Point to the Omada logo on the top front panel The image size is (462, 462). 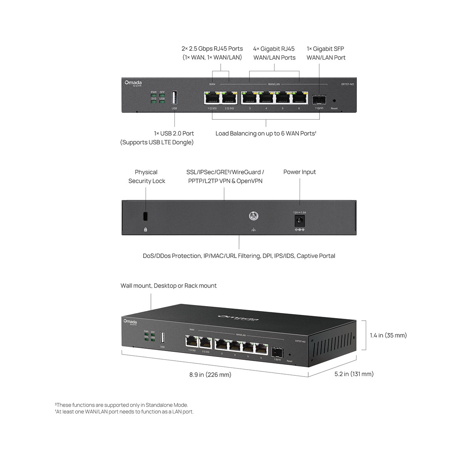coord(133,83)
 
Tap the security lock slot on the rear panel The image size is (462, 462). coord(146,216)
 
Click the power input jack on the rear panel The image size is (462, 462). coord(299,221)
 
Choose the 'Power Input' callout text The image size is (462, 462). coord(300,172)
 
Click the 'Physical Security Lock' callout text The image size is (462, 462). coord(146,177)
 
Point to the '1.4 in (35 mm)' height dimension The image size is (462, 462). coord(388,335)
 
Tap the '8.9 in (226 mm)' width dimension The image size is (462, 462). coord(210,375)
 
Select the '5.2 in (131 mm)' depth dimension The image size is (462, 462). coord(354,374)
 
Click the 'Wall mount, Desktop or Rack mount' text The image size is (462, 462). coord(169,286)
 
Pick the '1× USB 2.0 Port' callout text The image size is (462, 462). coord(174,134)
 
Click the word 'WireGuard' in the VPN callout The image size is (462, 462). coord(246,172)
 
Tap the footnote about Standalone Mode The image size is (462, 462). coord(122,405)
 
